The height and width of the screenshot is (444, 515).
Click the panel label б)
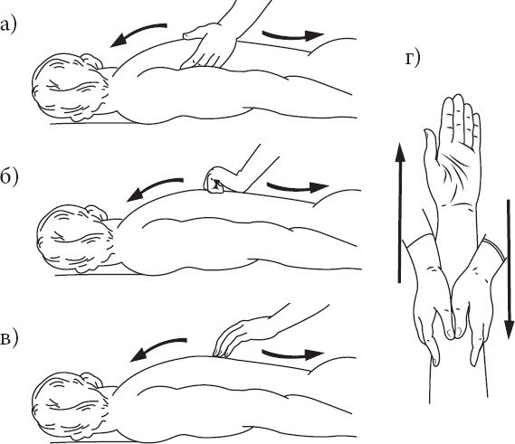coord(8,177)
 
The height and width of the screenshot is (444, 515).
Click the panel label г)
coord(412,59)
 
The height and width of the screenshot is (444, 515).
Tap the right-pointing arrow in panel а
coord(293,35)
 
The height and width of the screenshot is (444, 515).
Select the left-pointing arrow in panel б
coord(152,188)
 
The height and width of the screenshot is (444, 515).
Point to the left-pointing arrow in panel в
coord(155,347)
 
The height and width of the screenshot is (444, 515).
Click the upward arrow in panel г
coord(399,213)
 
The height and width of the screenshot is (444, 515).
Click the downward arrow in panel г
coord(509,269)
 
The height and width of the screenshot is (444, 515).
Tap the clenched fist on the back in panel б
coord(215,180)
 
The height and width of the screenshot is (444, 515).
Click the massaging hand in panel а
coord(209,46)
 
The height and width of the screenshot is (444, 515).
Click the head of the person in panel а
coord(70,87)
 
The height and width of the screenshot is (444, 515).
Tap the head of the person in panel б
coord(74,239)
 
